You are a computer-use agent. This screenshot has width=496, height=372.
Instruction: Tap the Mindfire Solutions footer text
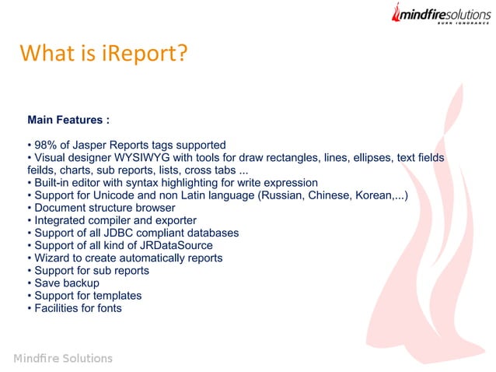coord(63,358)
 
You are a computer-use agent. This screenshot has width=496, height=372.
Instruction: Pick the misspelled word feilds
coord(43,169)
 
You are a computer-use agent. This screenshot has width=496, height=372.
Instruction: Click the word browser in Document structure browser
coord(152,208)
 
